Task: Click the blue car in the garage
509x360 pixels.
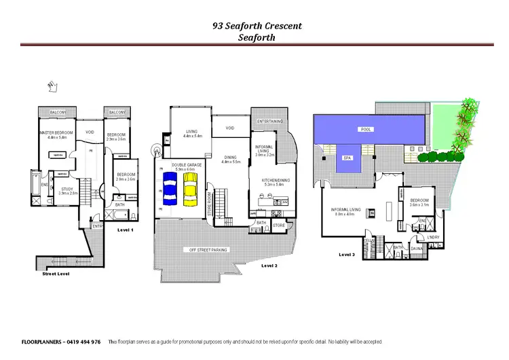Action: pyautogui.click(x=170, y=187)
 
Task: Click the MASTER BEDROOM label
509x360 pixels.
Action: pyautogui.click(x=55, y=133)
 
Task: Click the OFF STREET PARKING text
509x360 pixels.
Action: pyautogui.click(x=208, y=249)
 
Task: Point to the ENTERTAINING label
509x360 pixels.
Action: pyautogui.click(x=269, y=121)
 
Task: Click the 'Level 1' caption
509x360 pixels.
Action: pyautogui.click(x=126, y=230)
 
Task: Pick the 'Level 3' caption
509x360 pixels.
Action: pyautogui.click(x=347, y=254)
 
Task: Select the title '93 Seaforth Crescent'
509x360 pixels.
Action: pyautogui.click(x=257, y=26)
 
